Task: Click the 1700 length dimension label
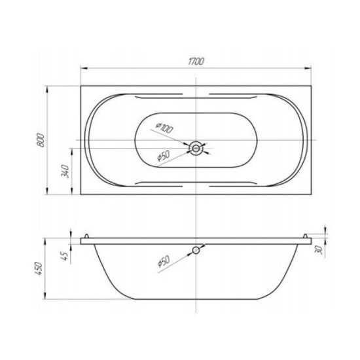(196, 62)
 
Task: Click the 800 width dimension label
(41, 139)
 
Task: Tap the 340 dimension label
(65, 171)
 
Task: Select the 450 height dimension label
(39, 268)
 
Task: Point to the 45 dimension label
(65, 255)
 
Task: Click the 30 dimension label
(319, 250)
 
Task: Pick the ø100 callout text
(164, 128)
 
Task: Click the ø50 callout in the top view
(163, 156)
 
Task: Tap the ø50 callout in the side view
(164, 262)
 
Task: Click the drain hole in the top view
(196, 149)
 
